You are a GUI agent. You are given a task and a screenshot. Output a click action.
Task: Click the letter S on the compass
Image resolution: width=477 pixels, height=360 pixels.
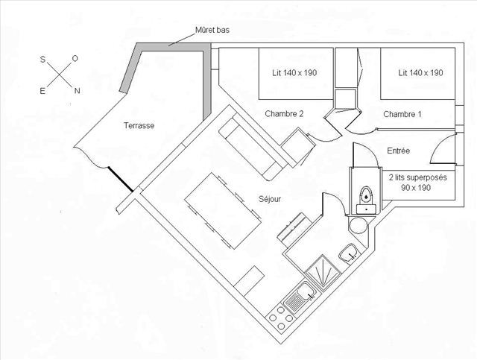pos(42,57)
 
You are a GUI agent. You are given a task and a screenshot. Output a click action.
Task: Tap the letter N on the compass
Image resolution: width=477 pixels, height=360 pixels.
pos(76,91)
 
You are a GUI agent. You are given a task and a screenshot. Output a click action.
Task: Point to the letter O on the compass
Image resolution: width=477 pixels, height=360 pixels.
pos(75,57)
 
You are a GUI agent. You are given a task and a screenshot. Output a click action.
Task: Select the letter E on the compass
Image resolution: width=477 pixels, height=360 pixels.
pos(42,91)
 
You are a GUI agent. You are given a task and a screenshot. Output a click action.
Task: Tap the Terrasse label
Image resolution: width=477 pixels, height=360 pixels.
pos(139,126)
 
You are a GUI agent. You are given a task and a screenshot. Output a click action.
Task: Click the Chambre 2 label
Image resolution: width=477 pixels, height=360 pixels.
pos(284,114)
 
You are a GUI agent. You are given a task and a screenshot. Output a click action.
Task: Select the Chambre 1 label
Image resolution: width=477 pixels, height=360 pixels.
pos(402,114)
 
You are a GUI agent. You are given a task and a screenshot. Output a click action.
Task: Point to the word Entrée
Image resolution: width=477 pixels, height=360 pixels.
pos(399,151)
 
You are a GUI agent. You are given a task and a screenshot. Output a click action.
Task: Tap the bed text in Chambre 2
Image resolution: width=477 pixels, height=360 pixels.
pos(297,73)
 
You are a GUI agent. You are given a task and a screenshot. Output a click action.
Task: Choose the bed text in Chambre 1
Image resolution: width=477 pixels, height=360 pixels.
pos(421,73)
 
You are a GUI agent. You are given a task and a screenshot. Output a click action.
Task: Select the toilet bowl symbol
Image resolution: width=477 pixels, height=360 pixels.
pos(365,195)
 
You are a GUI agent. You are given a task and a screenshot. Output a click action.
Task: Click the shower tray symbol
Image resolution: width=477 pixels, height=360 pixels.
pos(323,271)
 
